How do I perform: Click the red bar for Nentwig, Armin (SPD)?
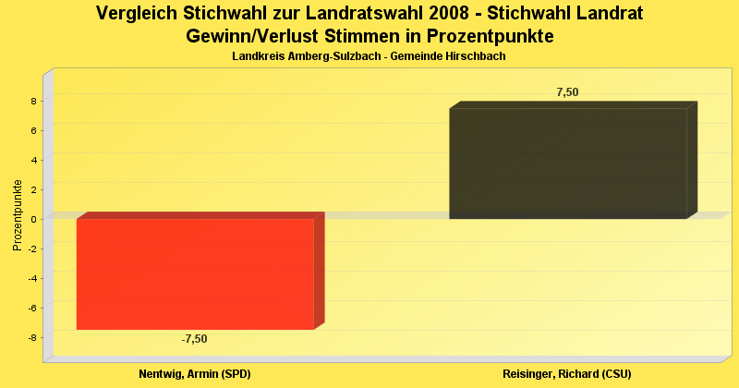pyautogui.click(x=195, y=273)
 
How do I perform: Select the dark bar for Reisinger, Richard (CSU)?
pyautogui.click(x=567, y=164)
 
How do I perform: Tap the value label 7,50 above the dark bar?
pyautogui.click(x=567, y=91)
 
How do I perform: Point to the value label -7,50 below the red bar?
pyautogui.click(x=194, y=339)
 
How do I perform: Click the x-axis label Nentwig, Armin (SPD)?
pyautogui.click(x=195, y=373)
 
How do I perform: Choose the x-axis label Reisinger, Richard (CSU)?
pyautogui.click(x=567, y=373)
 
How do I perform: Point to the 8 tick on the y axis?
pyautogui.click(x=33, y=101)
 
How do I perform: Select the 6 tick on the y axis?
pyautogui.click(x=33, y=130)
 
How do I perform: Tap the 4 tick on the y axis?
pyautogui.click(x=33, y=160)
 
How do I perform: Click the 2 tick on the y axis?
pyautogui.click(x=33, y=189)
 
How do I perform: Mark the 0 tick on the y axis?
pyautogui.click(x=33, y=219)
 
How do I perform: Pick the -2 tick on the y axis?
pyautogui.click(x=31, y=249)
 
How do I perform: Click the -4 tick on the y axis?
pyautogui.click(x=31, y=278)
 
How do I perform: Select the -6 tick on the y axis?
pyautogui.click(x=31, y=308)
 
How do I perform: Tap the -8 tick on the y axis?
pyautogui.click(x=31, y=337)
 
